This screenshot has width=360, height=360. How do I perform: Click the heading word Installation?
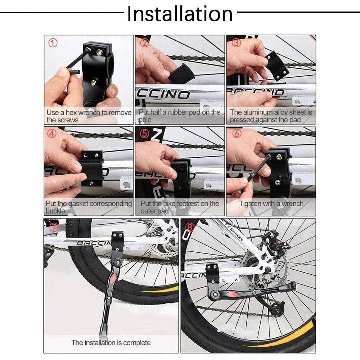180,14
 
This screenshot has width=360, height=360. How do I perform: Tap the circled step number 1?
53,43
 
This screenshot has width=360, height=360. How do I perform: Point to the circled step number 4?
53,134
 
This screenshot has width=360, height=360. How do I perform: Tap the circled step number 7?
54,227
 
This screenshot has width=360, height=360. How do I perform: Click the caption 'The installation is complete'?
111,342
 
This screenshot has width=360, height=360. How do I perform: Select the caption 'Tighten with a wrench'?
271,204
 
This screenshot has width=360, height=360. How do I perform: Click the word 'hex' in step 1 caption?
71,113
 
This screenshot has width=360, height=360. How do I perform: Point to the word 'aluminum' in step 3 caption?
260,113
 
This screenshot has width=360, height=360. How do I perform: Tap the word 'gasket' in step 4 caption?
77,204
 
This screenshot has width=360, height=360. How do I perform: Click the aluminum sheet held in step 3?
277,65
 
